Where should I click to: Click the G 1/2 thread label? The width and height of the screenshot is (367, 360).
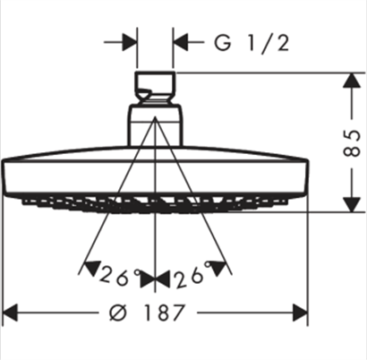click(x=252, y=43)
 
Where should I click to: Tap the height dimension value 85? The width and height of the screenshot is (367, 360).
click(x=352, y=143)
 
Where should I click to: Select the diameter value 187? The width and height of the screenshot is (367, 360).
click(x=163, y=313)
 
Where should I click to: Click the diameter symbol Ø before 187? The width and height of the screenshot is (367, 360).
click(x=118, y=313)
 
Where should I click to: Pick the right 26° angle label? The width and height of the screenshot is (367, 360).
click(x=190, y=276)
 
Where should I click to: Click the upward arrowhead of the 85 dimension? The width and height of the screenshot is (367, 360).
click(x=352, y=81)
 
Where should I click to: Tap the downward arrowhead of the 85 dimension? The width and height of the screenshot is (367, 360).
click(x=352, y=204)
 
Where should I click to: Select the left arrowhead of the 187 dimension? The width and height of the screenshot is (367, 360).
click(x=10, y=313)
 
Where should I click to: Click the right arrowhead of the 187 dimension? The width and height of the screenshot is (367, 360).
click(x=300, y=313)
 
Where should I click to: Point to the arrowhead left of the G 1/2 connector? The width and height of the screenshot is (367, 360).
click(x=130, y=42)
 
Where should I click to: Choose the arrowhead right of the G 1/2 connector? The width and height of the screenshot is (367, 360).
click(x=181, y=42)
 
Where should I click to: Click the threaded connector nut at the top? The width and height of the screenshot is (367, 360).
click(x=155, y=87)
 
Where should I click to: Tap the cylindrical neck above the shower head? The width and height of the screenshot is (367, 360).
click(x=155, y=125)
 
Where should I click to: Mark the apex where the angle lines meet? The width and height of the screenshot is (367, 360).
click(x=155, y=117)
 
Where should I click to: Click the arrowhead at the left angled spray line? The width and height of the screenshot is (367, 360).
click(x=92, y=268)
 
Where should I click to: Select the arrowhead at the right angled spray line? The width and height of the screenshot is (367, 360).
click(x=218, y=268)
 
